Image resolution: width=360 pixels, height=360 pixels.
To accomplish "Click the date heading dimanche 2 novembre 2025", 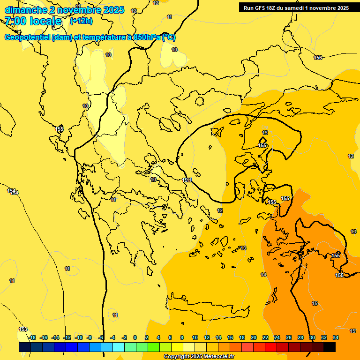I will point(64,10).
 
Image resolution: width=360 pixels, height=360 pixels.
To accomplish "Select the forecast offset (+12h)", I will point(81,21).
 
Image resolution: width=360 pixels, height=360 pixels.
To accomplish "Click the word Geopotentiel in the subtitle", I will point(27,37).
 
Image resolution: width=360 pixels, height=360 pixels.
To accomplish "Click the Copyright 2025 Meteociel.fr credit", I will point(199,357).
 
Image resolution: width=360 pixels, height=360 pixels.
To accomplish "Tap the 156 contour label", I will point(318,58).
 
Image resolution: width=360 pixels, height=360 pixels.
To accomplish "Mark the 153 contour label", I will point(23,329).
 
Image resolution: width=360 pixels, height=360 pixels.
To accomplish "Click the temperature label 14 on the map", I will point(263,275).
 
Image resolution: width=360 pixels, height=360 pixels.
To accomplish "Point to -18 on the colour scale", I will point(32,337).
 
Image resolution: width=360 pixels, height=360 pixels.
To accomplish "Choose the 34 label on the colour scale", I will point(336,337).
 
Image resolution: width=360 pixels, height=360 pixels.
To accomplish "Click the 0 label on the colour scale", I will point(135,337).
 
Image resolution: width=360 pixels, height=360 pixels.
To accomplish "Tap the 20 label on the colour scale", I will point(254,337).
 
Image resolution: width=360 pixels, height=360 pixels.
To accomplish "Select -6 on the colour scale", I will point(101,337).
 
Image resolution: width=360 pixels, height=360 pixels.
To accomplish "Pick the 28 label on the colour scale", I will point(300,337).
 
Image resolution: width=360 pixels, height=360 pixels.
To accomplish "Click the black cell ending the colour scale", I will point(330,347).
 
